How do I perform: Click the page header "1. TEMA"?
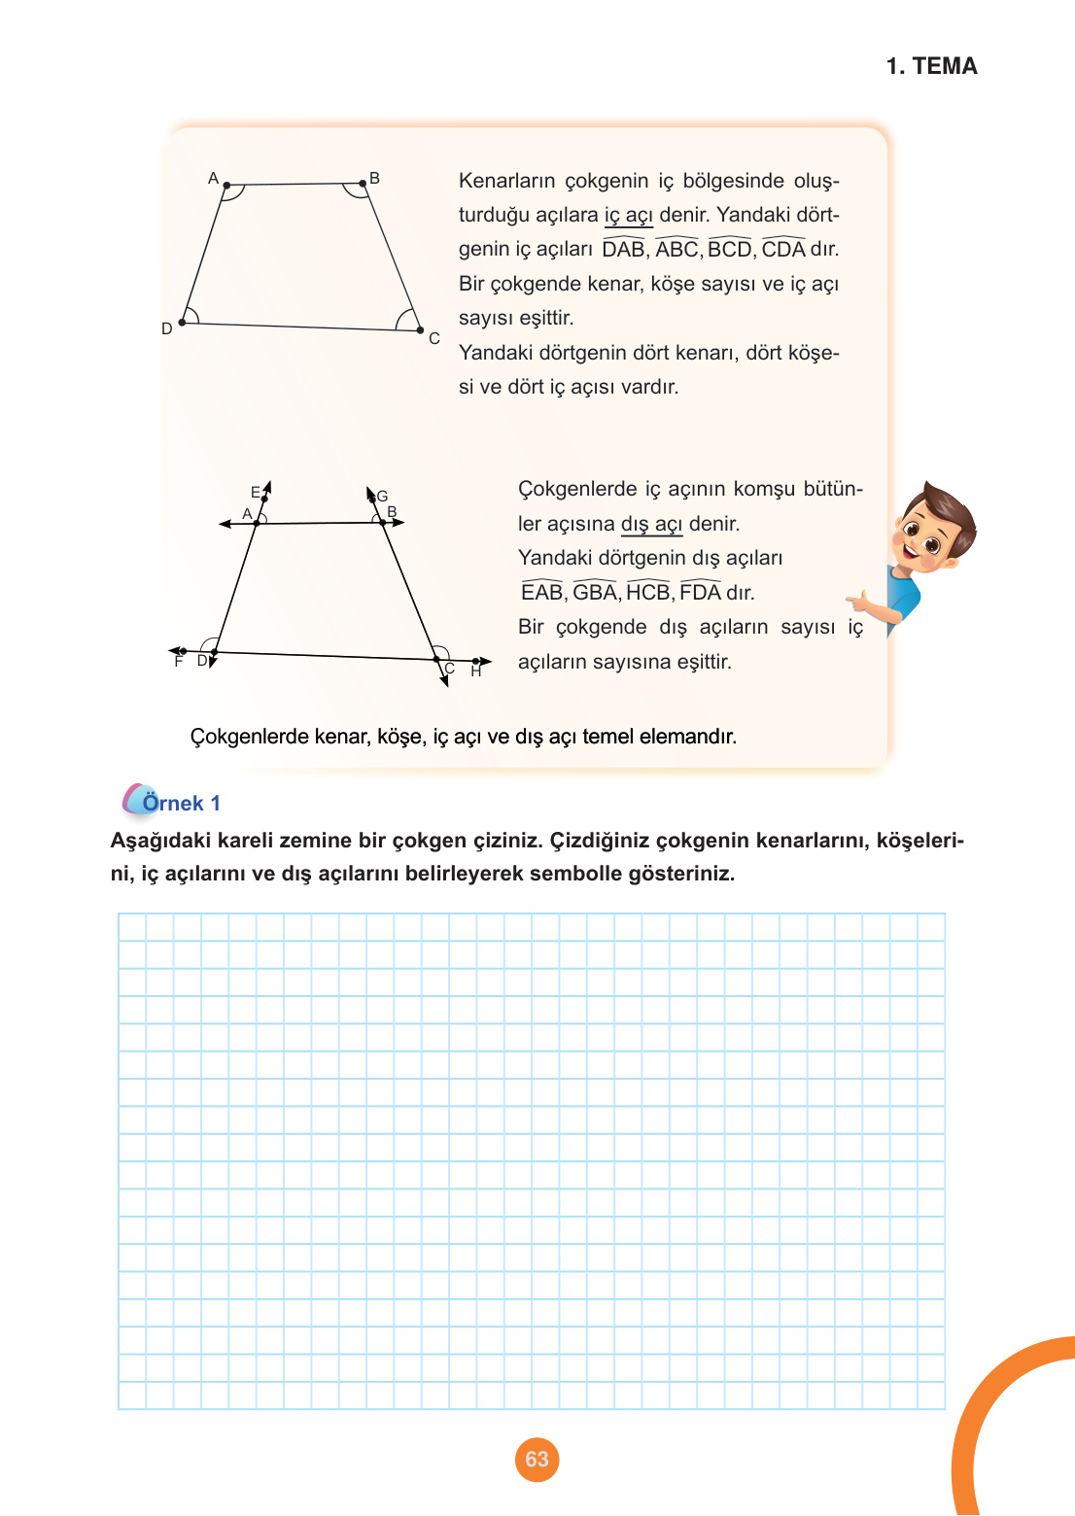pos(931,66)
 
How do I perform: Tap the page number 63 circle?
pos(537,1459)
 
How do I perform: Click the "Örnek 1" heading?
pos(181,803)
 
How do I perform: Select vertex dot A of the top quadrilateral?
pos(226,185)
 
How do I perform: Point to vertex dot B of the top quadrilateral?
pos(363,182)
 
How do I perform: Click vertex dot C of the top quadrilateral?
pos(420,330)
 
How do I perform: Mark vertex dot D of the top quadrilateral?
pos(182,323)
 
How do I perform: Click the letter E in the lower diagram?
pos(256,492)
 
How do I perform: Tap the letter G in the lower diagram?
pos(382,496)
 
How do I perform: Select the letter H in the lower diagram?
pos(476,672)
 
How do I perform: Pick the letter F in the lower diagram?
pos(178,662)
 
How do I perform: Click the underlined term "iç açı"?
pos(628,215)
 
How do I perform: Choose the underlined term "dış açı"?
pos(651,524)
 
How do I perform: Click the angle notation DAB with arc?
pos(623,249)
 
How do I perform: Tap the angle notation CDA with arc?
pos(783,249)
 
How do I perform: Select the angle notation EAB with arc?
pos(541,592)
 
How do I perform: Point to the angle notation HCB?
pos(647,592)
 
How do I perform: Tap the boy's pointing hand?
pos(861,603)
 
